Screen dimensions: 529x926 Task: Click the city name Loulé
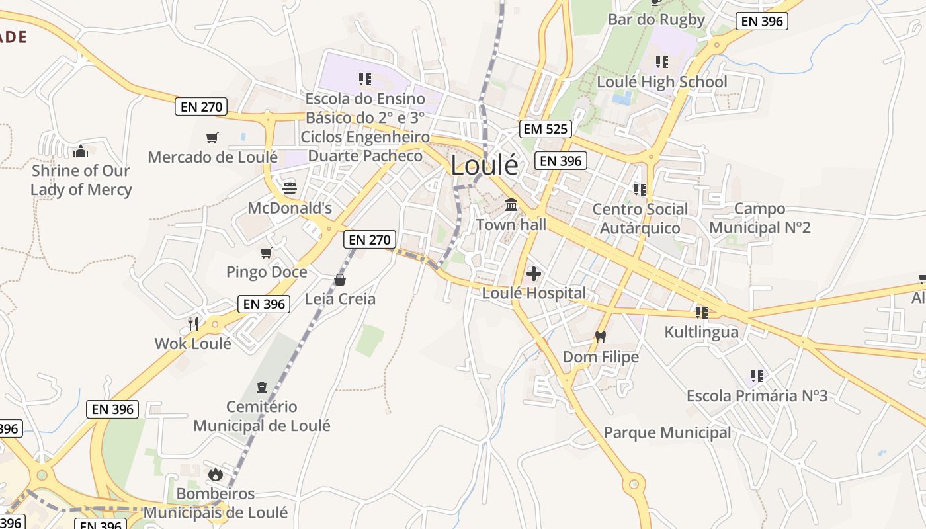coord(485,166)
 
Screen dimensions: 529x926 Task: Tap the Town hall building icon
coord(511,205)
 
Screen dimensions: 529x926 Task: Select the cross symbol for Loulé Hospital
coord(534,273)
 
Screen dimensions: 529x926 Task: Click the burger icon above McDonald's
coord(289,188)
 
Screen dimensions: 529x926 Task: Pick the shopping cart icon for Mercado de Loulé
coord(212,138)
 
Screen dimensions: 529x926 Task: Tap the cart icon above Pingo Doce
coord(266,253)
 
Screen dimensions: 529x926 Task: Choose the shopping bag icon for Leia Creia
coord(340,280)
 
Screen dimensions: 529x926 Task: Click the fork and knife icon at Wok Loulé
coord(193,323)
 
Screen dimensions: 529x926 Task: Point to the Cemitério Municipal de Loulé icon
coord(261,387)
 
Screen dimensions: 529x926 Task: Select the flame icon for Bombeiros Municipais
coord(215,474)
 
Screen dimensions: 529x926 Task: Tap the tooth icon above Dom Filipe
coord(601,337)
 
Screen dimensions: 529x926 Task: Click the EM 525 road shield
coord(546,129)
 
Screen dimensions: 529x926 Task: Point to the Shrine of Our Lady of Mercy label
coord(81,180)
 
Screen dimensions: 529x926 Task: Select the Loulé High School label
coord(661,82)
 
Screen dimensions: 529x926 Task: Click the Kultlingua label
coord(701,331)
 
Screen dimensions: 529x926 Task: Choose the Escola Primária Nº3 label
coord(757,396)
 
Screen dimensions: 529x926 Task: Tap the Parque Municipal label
coord(667,433)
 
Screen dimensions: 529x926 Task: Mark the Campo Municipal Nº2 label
coord(759,218)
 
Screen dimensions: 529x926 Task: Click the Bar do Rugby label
coord(656,19)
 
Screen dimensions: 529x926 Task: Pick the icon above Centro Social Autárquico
coord(640,190)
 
